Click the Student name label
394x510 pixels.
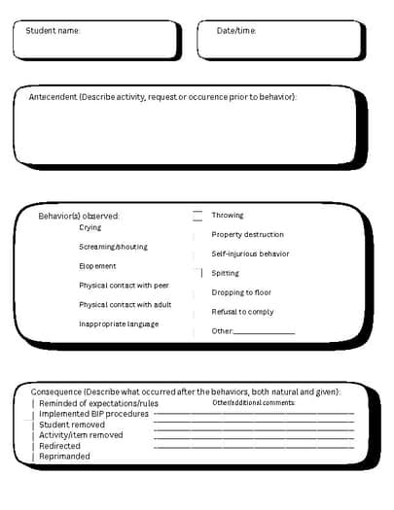53,31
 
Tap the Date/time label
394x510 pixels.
236,31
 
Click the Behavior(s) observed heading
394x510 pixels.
79,216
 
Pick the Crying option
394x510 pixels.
90,227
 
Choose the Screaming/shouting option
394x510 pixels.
113,247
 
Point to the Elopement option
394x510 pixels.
97,266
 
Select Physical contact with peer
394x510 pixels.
124,286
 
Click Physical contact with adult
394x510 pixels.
125,304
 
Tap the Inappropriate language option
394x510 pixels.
118,323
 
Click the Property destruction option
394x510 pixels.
247,234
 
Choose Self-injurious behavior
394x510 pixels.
250,254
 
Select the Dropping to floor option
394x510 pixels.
241,292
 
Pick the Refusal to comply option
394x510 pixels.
242,312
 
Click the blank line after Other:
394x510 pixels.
264,332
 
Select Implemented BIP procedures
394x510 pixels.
93,414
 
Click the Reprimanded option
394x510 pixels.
64,457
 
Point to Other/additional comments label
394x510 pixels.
253,402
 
